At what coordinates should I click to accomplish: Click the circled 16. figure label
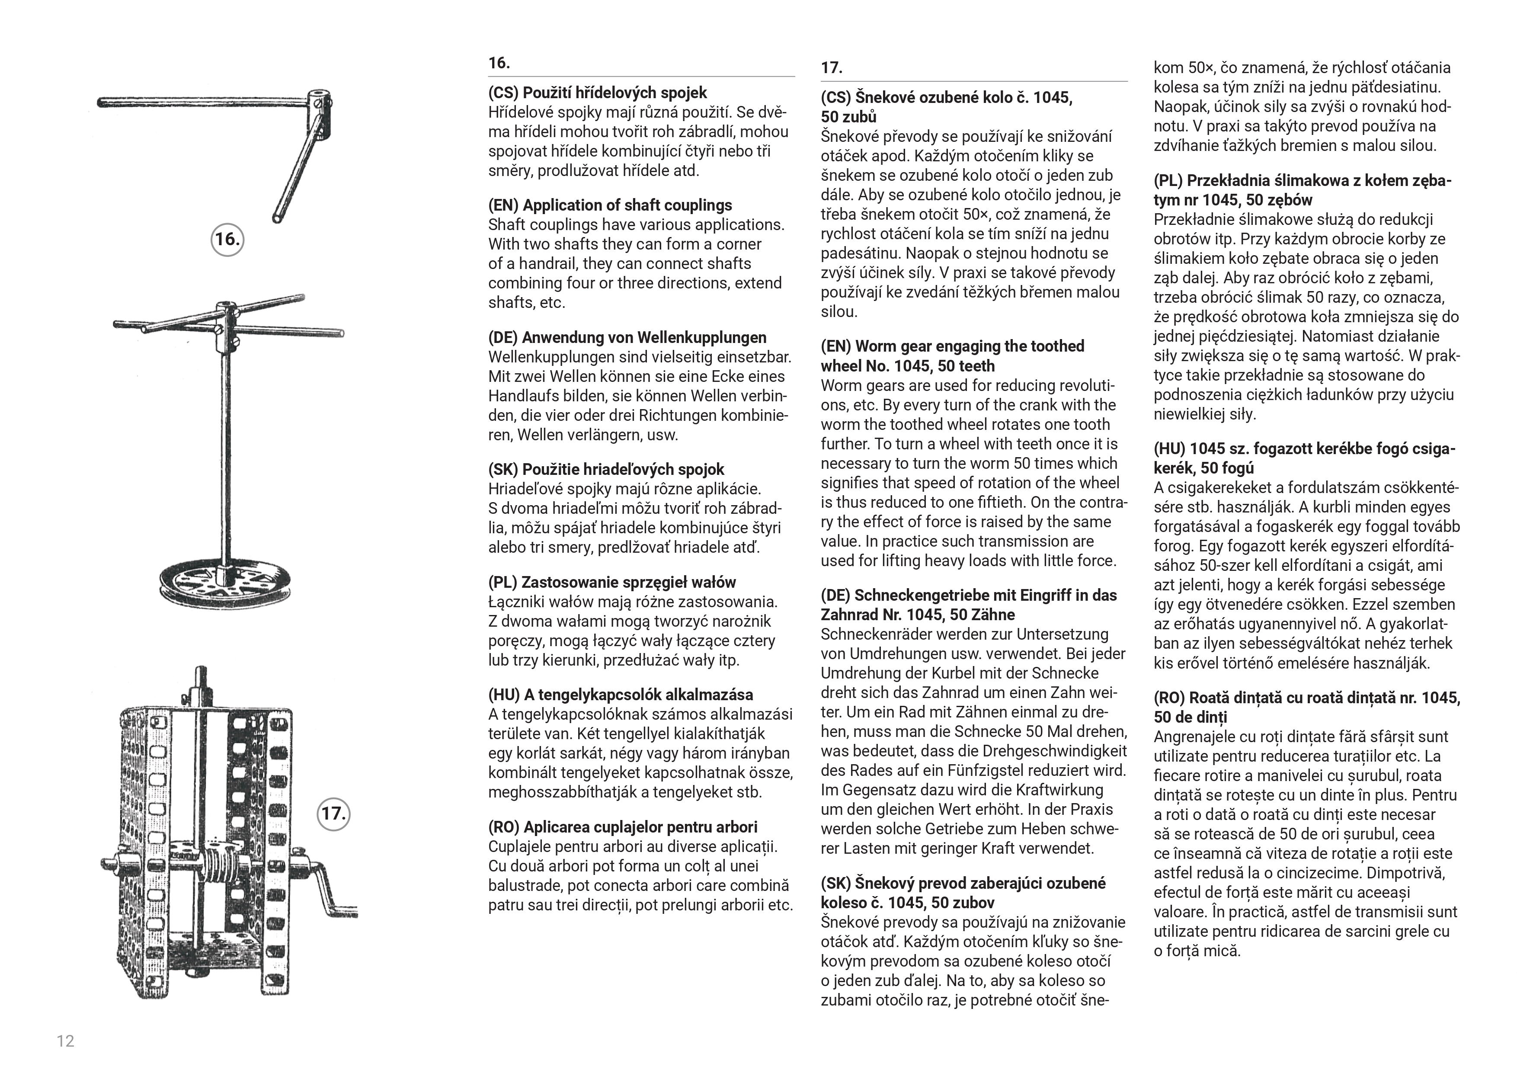click(227, 239)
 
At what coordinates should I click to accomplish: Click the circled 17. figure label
click(334, 814)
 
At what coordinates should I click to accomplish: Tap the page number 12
click(65, 1041)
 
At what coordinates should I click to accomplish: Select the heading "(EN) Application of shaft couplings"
click(610, 205)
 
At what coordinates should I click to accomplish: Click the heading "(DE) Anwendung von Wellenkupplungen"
click(627, 338)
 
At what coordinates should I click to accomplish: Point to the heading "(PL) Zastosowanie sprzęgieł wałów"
click(612, 582)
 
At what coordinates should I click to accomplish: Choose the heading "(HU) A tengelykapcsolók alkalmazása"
click(621, 695)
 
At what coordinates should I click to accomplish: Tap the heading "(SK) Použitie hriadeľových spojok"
click(606, 470)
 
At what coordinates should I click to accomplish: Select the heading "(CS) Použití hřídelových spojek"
click(597, 93)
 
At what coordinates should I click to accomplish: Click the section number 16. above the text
click(499, 64)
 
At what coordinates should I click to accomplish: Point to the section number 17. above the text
click(831, 68)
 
